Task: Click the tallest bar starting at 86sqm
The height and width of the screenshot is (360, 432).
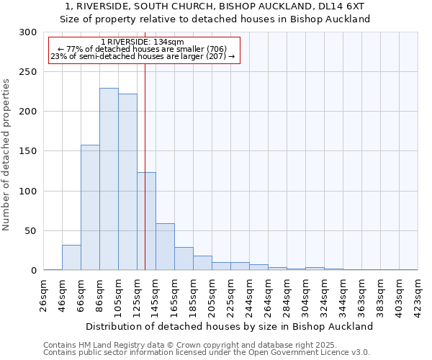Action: [x=109, y=179]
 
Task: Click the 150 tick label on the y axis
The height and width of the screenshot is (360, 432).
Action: [x=27, y=152]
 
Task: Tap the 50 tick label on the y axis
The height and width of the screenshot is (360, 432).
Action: [x=30, y=231]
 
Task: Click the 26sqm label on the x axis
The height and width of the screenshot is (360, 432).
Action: [x=44, y=294]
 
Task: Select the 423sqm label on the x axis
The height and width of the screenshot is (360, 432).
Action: [x=418, y=294]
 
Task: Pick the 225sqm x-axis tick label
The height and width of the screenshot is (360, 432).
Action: [x=231, y=294]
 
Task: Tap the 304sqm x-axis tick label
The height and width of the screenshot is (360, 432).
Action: [x=305, y=294]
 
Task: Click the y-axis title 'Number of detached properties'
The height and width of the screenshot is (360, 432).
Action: [x=7, y=155]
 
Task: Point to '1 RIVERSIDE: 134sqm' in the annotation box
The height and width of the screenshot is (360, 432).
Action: [x=143, y=42]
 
